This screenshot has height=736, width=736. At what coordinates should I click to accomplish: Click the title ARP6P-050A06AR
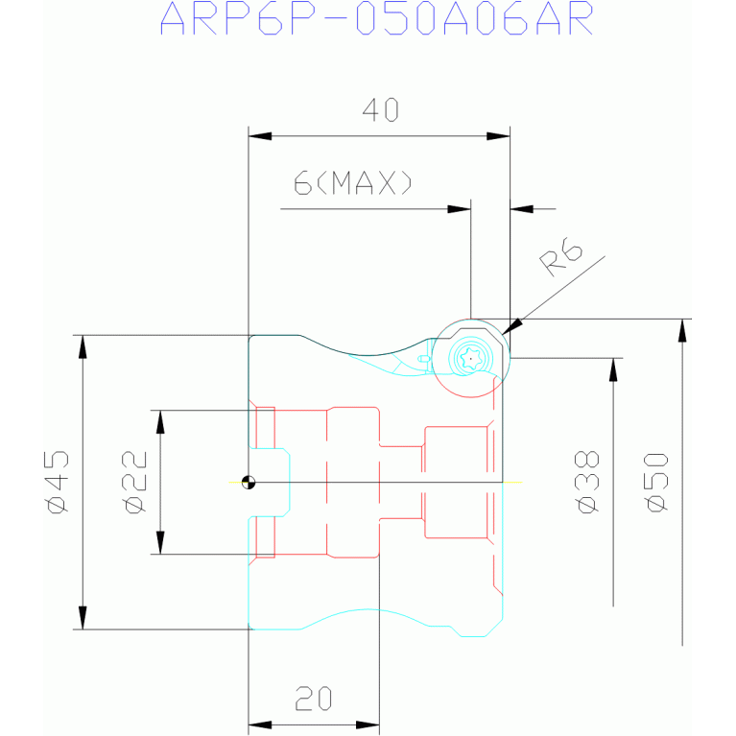click(x=377, y=19)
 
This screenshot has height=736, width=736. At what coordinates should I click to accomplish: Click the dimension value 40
click(x=381, y=109)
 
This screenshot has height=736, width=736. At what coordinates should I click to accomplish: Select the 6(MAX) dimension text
click(x=353, y=182)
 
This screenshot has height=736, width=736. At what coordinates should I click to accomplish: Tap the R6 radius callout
click(x=561, y=260)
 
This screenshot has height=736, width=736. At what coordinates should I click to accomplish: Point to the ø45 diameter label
click(x=58, y=482)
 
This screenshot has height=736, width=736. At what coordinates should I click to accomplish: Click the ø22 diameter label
click(x=134, y=482)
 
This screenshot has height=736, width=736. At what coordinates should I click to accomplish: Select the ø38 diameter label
click(x=587, y=482)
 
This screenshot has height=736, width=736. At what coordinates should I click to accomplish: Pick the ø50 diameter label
click(x=656, y=482)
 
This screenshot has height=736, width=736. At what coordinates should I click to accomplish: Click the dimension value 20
click(x=314, y=699)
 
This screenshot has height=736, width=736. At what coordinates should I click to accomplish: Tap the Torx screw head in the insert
click(x=471, y=359)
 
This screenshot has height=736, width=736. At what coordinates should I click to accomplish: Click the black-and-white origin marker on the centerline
click(x=249, y=482)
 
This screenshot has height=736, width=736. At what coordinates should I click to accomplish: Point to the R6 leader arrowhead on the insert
click(x=511, y=326)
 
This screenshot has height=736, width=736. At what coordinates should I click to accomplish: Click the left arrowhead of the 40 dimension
click(x=260, y=136)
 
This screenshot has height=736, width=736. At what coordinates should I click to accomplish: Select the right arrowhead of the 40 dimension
click(x=498, y=136)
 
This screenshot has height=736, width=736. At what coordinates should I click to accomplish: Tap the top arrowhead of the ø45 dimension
click(x=83, y=346)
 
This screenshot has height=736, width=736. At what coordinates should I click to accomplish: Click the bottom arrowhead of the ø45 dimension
click(x=83, y=618)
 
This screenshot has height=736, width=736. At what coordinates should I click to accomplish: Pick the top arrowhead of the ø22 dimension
click(x=160, y=422)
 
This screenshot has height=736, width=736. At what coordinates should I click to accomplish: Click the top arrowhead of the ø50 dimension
click(x=682, y=330)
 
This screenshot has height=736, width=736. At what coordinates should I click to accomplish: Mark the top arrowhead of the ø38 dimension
click(x=613, y=369)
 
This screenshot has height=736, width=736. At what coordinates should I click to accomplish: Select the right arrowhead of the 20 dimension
click(x=368, y=725)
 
